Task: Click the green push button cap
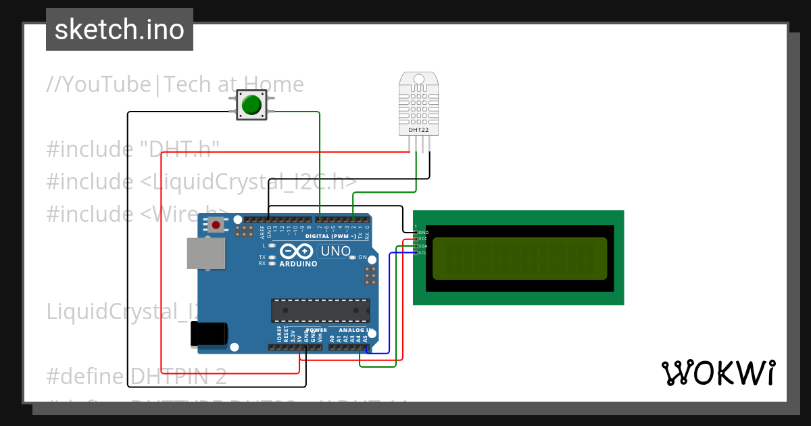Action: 251,105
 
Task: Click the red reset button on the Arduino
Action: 216,224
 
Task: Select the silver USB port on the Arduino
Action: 205,253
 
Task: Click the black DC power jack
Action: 209,334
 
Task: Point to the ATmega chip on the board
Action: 320,310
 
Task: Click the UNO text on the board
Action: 336,252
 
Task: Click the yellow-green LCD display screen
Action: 519,258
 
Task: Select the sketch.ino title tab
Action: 120,30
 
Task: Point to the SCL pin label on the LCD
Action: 422,253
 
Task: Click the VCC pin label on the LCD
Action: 422,239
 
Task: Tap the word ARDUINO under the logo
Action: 297,264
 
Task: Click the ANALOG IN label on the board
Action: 349,331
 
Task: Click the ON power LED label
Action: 362,258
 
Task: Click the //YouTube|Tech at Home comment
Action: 175,85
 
